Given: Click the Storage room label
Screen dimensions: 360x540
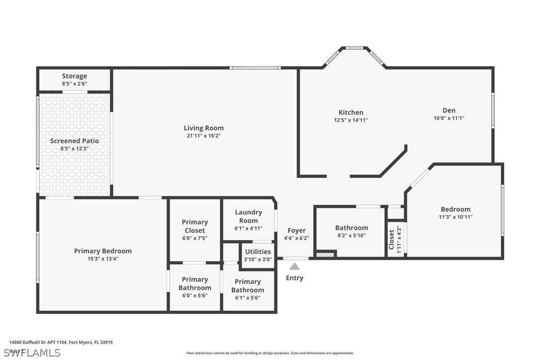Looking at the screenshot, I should point(75,76).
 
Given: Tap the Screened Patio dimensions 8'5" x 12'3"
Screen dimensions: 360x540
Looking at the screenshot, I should point(75,148).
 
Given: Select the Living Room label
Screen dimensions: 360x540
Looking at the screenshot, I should point(204,128).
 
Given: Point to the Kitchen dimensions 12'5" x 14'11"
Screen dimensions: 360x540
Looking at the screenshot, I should point(351,120).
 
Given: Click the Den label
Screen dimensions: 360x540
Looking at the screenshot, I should point(449,110).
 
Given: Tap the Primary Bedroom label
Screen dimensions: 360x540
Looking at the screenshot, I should point(103,251).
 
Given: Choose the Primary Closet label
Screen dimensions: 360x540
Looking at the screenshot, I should point(195,226).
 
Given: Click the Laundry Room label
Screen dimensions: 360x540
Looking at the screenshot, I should point(248,216).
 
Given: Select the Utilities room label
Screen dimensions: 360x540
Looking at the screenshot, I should point(258,252).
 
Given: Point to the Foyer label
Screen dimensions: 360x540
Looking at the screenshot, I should point(297,230).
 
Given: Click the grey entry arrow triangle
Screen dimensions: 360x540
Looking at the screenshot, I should point(295,266).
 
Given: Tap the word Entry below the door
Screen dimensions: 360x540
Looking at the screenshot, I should point(294,278).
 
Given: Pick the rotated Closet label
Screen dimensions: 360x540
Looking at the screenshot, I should point(391,239).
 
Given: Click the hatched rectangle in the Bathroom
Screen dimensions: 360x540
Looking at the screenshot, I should point(325,254).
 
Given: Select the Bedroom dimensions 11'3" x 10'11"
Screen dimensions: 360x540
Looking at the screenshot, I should point(455,217).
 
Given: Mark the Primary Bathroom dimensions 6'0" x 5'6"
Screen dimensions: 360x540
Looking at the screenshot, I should point(195,295).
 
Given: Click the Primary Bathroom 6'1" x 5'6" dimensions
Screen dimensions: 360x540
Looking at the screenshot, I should point(248,298).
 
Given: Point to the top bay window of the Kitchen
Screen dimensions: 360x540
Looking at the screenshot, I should point(355,48).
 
